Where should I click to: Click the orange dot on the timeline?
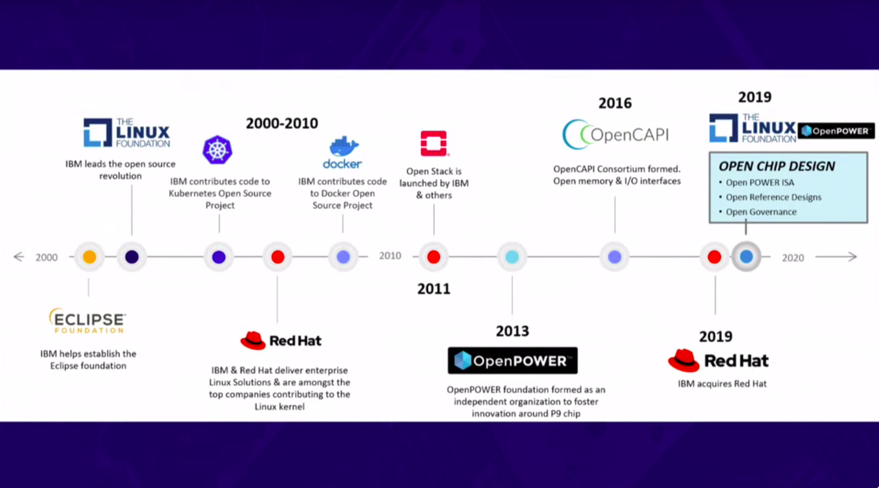pyautogui.click(x=89, y=257)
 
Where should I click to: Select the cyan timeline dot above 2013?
pyautogui.click(x=512, y=257)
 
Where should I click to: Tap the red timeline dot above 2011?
pyautogui.click(x=434, y=257)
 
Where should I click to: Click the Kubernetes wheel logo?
pyautogui.click(x=217, y=150)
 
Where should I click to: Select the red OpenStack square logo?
pyautogui.click(x=434, y=144)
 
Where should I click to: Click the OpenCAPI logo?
pyautogui.click(x=615, y=135)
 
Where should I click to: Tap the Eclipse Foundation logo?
pyautogui.click(x=87, y=320)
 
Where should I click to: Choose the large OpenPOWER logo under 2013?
pyautogui.click(x=513, y=361)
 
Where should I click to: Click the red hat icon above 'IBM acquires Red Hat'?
pyautogui.click(x=684, y=360)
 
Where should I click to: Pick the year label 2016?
pyautogui.click(x=615, y=103)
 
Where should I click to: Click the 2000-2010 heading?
pyautogui.click(x=282, y=124)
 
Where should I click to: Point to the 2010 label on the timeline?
pyautogui.click(x=390, y=256)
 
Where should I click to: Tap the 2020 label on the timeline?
pyautogui.click(x=793, y=257)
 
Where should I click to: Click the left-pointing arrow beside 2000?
pyautogui.click(x=19, y=257)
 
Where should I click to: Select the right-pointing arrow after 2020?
pyautogui.click(x=836, y=257)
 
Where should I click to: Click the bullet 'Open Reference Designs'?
pyautogui.click(x=773, y=197)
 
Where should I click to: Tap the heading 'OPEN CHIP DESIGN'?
pyautogui.click(x=777, y=166)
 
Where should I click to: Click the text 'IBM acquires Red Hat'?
pyautogui.click(x=722, y=383)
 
